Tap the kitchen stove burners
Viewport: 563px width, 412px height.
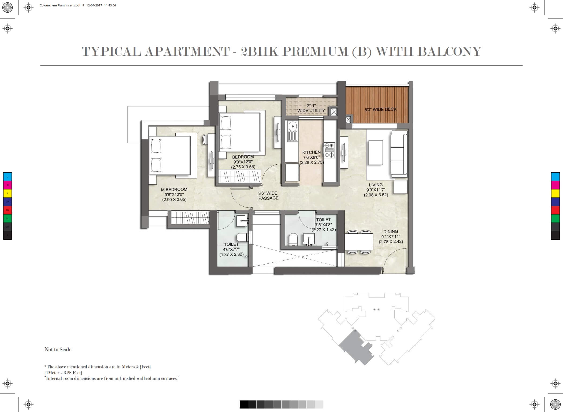pyautogui.click(x=329, y=150)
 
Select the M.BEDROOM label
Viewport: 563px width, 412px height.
pyautogui.click(x=174, y=190)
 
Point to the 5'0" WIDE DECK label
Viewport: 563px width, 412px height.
pyautogui.click(x=380, y=109)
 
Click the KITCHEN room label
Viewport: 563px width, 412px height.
pyautogui.click(x=311, y=152)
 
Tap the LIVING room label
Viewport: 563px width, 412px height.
pyautogui.click(x=376, y=185)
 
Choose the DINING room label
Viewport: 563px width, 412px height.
pyautogui.click(x=391, y=232)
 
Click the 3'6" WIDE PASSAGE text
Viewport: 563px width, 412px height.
pyautogui.click(x=268, y=196)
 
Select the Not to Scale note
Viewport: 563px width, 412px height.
pyautogui.click(x=58, y=349)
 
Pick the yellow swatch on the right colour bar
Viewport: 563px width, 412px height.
pyautogui.click(x=555, y=193)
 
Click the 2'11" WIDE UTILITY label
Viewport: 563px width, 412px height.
pyautogui.click(x=311, y=108)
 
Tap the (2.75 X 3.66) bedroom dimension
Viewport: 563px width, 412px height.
pyautogui.click(x=243, y=167)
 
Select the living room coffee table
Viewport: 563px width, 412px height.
pyautogui.click(x=376, y=152)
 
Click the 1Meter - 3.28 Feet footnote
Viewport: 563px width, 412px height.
pyautogui.click(x=63, y=373)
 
